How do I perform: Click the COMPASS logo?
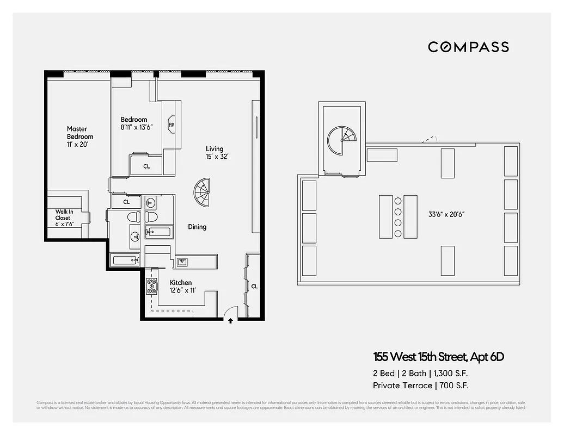[468, 47]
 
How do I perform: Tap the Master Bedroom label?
[80, 136]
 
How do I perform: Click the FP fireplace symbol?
[171, 125]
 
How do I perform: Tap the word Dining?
[197, 227]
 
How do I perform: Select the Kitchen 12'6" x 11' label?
[181, 286]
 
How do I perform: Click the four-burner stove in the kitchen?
[151, 286]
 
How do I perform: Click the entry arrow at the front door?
[231, 321]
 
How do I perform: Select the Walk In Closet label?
[63, 218]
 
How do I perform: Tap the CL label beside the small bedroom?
[146, 166]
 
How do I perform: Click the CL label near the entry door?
[254, 286]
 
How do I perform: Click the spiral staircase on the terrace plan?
[341, 141]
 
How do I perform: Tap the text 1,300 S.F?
[449, 374]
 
